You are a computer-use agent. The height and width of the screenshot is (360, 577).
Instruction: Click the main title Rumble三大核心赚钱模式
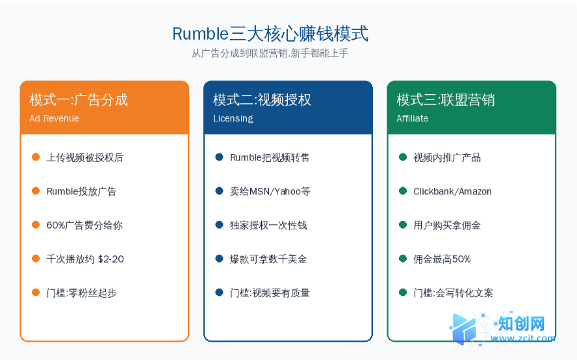point(270,34)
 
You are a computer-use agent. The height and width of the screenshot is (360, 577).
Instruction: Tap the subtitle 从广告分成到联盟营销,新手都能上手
point(270,53)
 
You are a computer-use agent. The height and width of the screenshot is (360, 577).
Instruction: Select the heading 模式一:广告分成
point(79,100)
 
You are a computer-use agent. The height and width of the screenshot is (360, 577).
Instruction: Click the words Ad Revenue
point(54,118)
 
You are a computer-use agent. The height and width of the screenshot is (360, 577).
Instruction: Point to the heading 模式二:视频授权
point(262,100)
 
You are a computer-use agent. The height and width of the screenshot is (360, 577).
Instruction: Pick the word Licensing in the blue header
point(233,118)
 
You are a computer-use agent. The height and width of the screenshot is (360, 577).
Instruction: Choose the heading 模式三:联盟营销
point(445,100)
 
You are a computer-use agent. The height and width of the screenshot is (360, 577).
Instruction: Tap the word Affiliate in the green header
point(412,118)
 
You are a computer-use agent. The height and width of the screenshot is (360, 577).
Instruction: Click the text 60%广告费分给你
point(84,225)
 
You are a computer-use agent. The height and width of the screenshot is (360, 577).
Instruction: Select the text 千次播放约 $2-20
point(85,259)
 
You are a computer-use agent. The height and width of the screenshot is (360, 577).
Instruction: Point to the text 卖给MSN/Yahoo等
point(270,192)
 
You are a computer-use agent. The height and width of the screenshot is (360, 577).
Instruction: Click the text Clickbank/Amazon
point(452,192)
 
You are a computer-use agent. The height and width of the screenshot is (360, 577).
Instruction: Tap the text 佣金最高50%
point(442,259)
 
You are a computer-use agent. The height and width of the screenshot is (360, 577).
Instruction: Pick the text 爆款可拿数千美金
point(268,259)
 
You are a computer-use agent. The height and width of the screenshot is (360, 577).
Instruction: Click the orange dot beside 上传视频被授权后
point(36,157)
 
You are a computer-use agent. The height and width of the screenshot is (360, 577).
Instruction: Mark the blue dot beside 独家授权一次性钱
point(220,225)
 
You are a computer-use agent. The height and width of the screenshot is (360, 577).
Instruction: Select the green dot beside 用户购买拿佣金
point(403,225)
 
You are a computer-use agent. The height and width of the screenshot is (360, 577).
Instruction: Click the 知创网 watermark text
point(521,324)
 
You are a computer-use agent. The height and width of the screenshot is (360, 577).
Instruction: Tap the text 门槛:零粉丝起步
point(81,293)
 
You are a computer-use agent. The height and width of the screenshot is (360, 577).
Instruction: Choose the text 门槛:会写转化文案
point(453,293)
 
